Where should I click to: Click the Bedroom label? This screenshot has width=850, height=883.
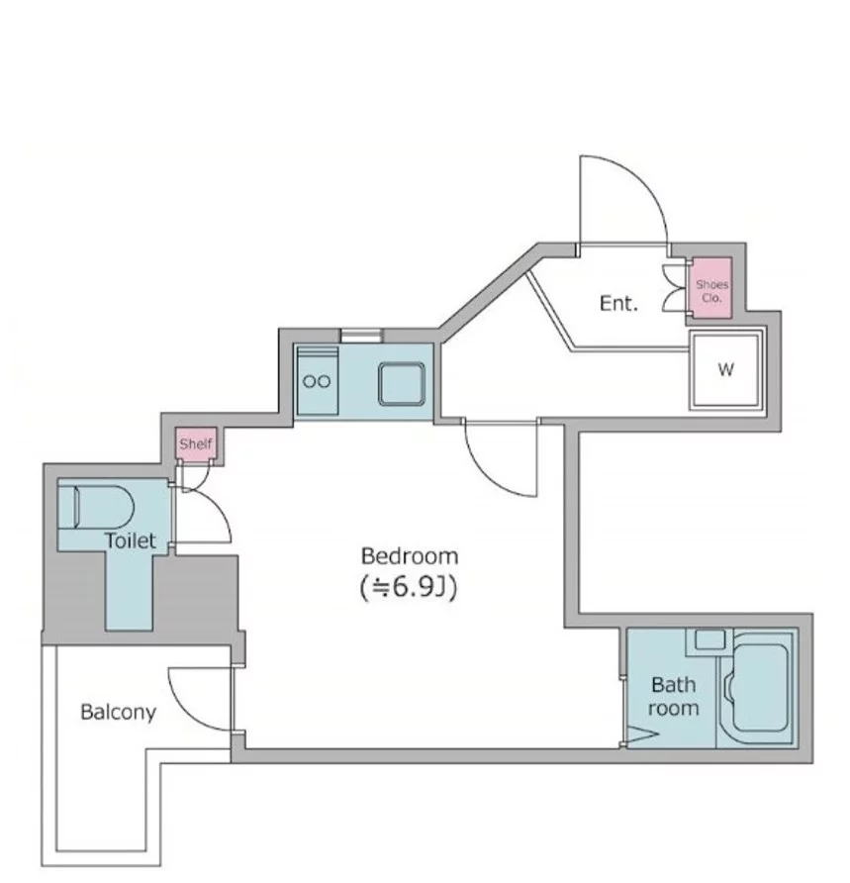pyautogui.click(x=410, y=556)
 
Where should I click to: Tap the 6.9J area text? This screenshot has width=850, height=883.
pyautogui.click(x=408, y=587)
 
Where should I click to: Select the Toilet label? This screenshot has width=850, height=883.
pyautogui.click(x=130, y=540)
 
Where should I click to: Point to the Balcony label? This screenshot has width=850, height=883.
pyautogui.click(x=118, y=713)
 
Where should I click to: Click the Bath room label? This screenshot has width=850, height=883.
pyautogui.click(x=673, y=696)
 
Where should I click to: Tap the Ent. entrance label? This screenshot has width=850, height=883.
pyautogui.click(x=618, y=304)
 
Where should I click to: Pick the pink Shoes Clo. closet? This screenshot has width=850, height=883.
pyautogui.click(x=711, y=288)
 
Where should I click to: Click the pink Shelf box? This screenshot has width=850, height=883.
pyautogui.click(x=195, y=443)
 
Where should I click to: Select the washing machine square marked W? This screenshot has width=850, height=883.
pyautogui.click(x=725, y=369)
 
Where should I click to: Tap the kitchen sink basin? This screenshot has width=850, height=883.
pyautogui.click(x=402, y=383)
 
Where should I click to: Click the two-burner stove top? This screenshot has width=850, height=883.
pyautogui.click(x=317, y=381)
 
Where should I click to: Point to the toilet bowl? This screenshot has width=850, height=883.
pyautogui.click(x=104, y=507)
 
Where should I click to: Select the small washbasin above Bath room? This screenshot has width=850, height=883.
pyautogui.click(x=709, y=640)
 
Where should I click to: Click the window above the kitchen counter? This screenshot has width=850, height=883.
pyautogui.click(x=361, y=336)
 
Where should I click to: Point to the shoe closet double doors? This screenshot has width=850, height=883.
pyautogui.click(x=675, y=288)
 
